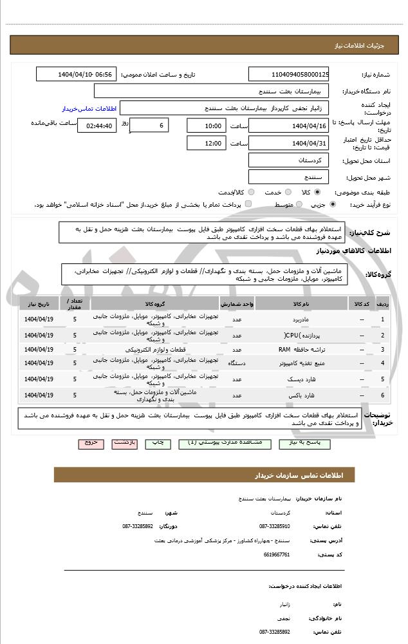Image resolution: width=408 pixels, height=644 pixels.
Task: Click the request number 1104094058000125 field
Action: [288, 75]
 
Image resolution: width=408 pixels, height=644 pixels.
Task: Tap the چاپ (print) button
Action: [157, 443]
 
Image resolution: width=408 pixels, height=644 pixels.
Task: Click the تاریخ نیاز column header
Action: [39, 303]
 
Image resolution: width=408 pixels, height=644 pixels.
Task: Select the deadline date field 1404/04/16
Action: [288, 125]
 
